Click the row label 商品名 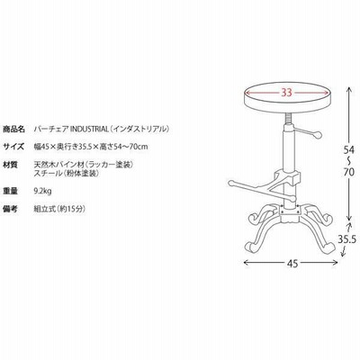click(x=13, y=130)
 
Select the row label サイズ click(x=13, y=147)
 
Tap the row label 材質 click(x=10, y=165)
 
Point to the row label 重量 click(x=10, y=191)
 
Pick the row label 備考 click(x=10, y=209)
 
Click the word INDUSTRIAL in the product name click(x=89, y=130)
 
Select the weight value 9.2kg click(x=43, y=191)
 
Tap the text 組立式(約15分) click(x=59, y=209)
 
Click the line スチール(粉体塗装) click(x=67, y=173)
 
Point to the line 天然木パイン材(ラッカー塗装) click(x=84, y=165)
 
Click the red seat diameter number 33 click(x=286, y=93)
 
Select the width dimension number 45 click(x=292, y=263)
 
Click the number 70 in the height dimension click(x=348, y=172)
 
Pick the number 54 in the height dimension click(x=348, y=149)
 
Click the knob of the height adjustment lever click(x=317, y=135)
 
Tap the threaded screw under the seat click(x=287, y=120)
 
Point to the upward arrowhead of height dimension click(x=348, y=89)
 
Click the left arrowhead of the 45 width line click(x=245, y=263)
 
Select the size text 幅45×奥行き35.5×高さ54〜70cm click(x=91, y=147)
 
